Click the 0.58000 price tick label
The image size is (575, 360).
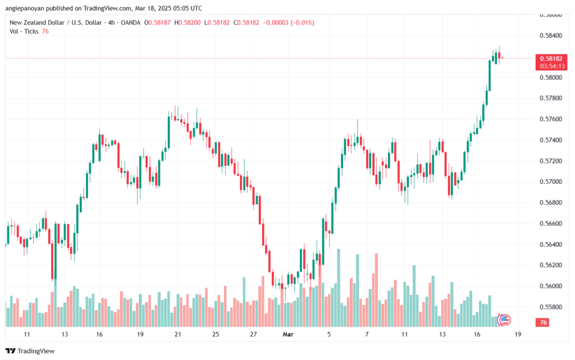[550, 77]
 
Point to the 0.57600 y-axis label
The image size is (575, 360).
[550, 119]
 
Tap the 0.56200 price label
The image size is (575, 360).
[550, 265]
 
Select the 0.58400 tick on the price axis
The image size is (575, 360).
[550, 35]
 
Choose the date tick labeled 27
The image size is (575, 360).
[253, 334]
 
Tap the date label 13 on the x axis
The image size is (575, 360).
[65, 334]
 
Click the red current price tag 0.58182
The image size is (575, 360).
[550, 58]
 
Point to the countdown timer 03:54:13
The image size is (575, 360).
[550, 66]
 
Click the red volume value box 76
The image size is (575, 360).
[543, 323]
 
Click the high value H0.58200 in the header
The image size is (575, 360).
[188, 22]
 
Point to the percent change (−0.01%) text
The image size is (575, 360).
[301, 22]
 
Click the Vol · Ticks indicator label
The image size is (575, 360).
[24, 31]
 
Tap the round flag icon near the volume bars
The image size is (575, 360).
[504, 320]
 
